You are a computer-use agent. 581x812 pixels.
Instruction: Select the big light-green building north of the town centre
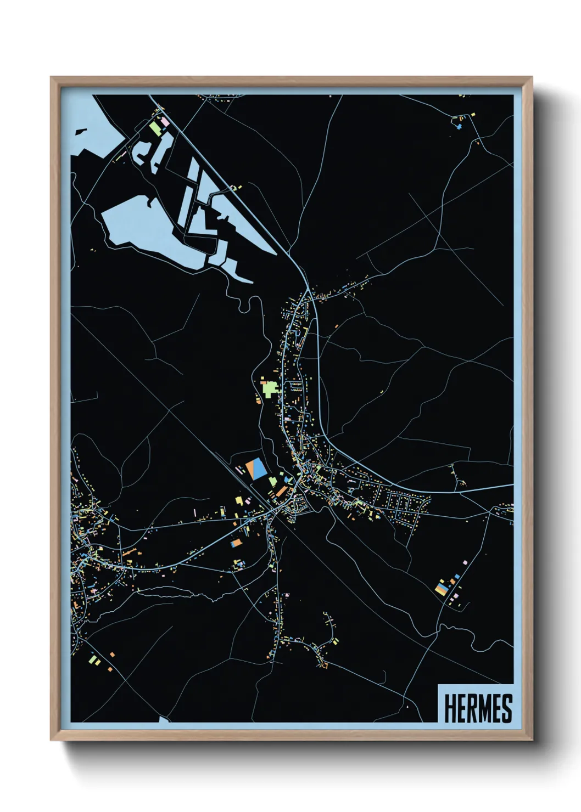(x=269, y=388)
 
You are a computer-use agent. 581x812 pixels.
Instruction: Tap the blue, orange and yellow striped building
(x=441, y=589)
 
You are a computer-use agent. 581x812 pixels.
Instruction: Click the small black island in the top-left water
(x=80, y=132)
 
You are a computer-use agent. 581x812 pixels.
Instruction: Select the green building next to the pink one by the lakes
(x=155, y=128)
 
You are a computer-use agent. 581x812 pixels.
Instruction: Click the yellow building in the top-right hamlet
(x=473, y=115)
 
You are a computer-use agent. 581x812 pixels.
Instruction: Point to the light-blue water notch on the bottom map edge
(x=164, y=719)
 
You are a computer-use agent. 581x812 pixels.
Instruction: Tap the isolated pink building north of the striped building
(x=465, y=563)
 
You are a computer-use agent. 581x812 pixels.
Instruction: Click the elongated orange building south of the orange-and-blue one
(x=236, y=543)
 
